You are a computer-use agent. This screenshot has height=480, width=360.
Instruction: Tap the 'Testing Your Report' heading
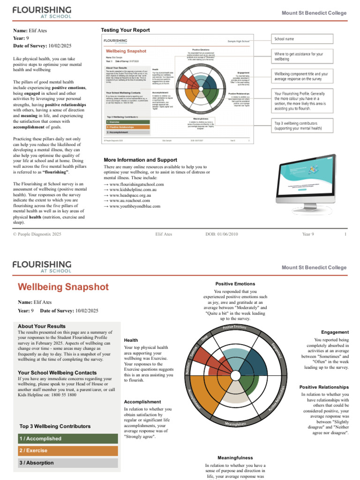[x=125, y=30]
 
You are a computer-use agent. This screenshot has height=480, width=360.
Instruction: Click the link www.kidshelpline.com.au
[x=136, y=190]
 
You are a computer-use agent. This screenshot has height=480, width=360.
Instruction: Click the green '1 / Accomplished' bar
[x=65, y=438]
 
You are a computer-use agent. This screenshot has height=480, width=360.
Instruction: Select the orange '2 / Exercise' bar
[x=65, y=450]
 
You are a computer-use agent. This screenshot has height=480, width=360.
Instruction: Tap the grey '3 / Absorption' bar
[x=65, y=463]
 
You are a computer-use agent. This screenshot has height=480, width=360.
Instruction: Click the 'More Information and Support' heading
[x=140, y=160]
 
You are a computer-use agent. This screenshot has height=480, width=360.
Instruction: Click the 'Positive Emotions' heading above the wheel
[x=235, y=284]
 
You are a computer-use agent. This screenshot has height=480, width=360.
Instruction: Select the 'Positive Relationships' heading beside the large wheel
[x=324, y=387]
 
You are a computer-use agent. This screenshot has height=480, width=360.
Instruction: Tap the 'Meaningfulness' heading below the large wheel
[x=235, y=457]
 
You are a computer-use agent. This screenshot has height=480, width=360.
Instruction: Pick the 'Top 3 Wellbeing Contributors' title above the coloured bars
[x=55, y=427]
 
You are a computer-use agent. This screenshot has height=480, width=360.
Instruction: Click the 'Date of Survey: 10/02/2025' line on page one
[x=42, y=45]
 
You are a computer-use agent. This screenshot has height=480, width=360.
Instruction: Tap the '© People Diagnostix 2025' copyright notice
[x=37, y=234]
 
